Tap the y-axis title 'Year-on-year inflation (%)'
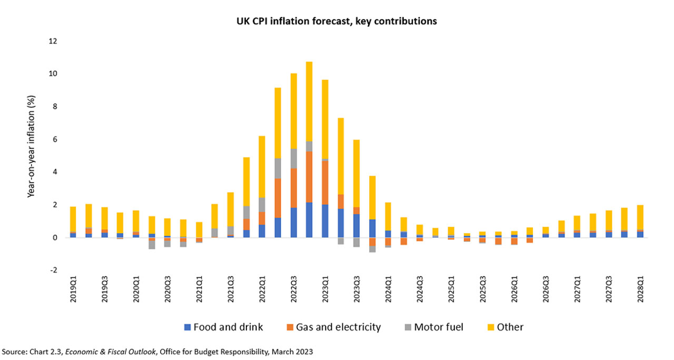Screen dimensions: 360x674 [31, 155]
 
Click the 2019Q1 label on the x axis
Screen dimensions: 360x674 [73, 290]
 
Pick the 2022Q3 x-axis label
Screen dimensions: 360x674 [293, 290]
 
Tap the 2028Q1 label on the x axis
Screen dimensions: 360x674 [640, 290]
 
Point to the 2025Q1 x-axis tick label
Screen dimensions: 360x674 [451, 290]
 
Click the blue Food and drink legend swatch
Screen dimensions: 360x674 [187, 327]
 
